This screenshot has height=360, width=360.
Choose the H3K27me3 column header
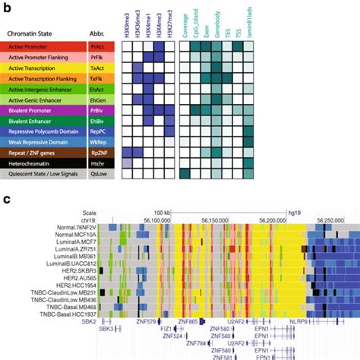point(169,21)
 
